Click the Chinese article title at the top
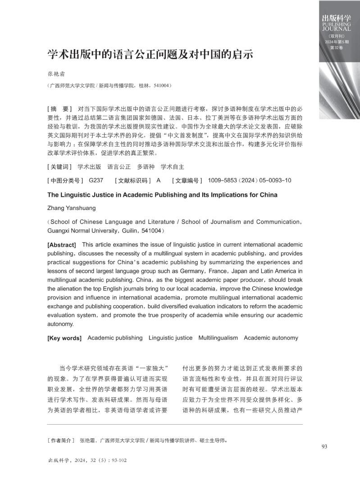pyautogui.click(x=150, y=55)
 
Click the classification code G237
pyautogui.click(x=96, y=181)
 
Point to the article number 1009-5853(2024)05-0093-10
pyautogui.click(x=249, y=181)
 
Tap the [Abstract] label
pyautogui.click(x=62, y=245)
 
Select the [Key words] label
pyautogui.click(x=64, y=338)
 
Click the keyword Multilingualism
pyautogui.click(x=218, y=338)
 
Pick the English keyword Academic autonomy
pyautogui.click(x=271, y=338)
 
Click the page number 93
pyautogui.click(x=324, y=447)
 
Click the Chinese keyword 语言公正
pyautogui.click(x=119, y=167)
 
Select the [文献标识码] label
pyautogui.click(x=133, y=181)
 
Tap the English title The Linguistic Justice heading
pyautogui.click(x=162, y=195)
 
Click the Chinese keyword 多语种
pyautogui.click(x=146, y=167)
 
